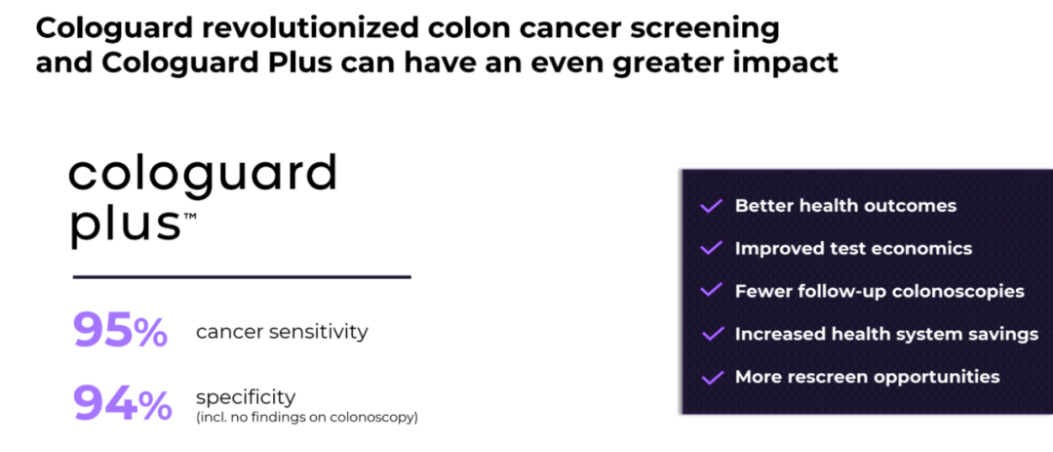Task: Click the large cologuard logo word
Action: tap(202, 174)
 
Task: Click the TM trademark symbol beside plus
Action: tap(189, 214)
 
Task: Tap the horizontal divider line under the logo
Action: tap(241, 276)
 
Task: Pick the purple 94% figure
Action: tap(122, 404)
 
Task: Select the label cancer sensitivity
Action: tap(282, 332)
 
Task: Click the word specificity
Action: tap(246, 396)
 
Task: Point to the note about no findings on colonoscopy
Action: tap(307, 418)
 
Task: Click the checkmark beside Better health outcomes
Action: tap(711, 205)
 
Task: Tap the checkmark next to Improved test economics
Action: tap(711, 248)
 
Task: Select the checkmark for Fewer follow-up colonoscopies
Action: tap(711, 291)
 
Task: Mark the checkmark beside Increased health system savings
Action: tap(711, 334)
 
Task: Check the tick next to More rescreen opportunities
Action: tap(711, 377)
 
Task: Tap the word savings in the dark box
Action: tap(1000, 335)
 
